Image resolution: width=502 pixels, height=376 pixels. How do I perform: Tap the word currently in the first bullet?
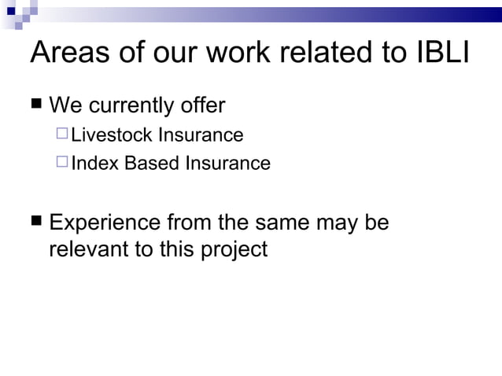point(129,105)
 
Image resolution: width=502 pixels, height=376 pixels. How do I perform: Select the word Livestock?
point(112,135)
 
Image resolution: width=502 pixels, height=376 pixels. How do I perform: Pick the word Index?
point(92,164)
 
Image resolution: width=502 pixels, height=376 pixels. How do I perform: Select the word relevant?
point(88,250)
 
